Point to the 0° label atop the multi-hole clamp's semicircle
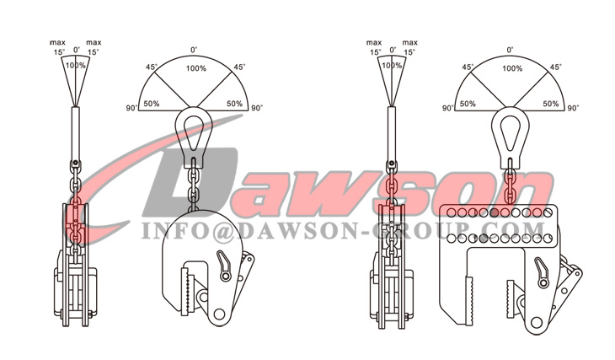(x=511, y=50)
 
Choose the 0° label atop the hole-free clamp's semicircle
(x=194, y=50)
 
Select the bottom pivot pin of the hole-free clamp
(x=221, y=313)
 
